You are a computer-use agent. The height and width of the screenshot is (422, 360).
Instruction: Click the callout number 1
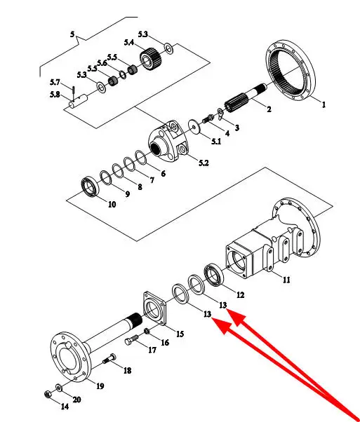click(324, 104)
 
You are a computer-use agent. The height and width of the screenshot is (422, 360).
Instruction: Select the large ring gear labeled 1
click(291, 72)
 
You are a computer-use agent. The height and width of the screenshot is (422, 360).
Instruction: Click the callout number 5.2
click(204, 163)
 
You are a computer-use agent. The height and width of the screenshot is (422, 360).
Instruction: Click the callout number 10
click(112, 205)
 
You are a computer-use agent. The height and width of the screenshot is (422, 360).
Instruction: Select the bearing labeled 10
click(91, 186)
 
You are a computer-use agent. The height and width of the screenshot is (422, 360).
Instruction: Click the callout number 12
click(240, 295)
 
